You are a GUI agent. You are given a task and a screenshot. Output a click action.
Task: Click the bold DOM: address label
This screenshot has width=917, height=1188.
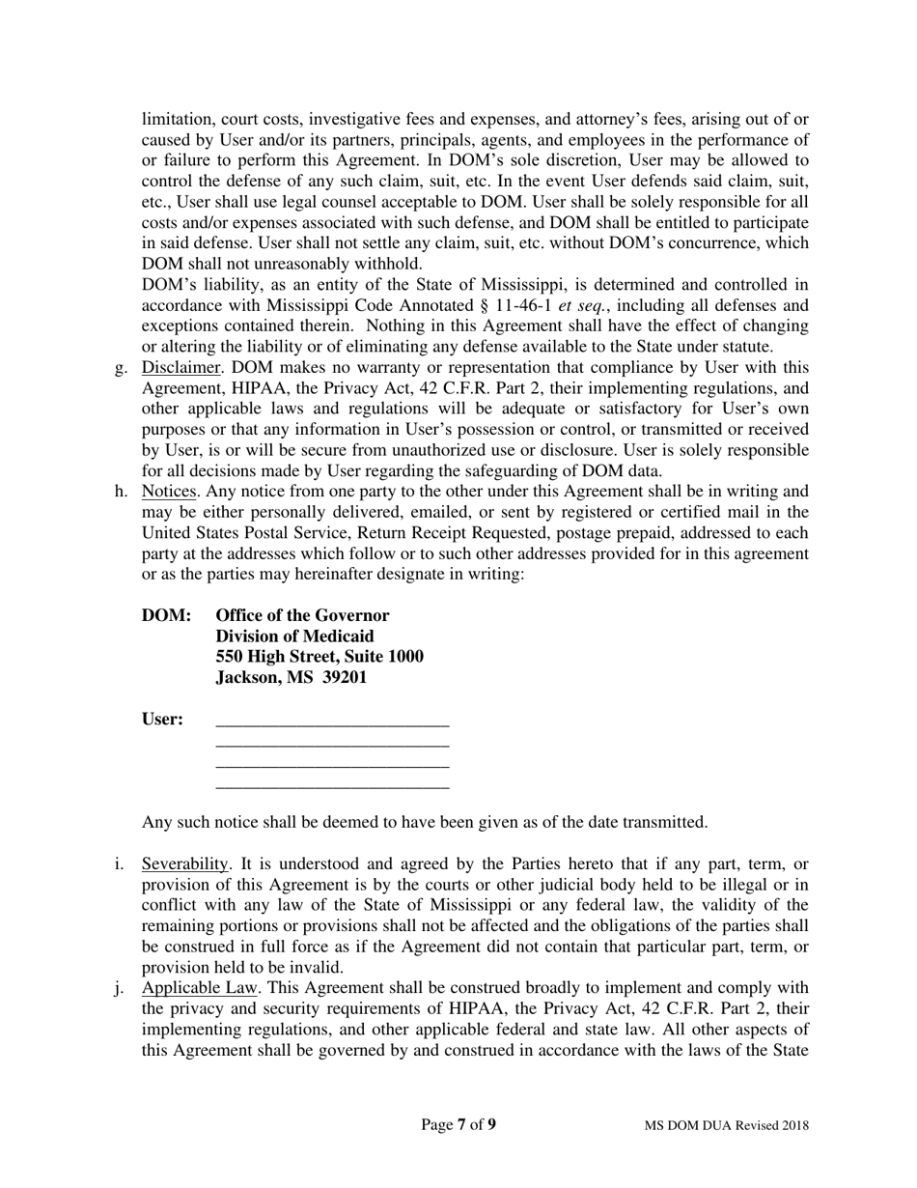(167, 616)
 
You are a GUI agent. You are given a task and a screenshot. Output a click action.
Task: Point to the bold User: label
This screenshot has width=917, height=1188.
(163, 720)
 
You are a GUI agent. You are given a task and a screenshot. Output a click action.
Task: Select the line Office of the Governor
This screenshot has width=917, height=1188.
(302, 616)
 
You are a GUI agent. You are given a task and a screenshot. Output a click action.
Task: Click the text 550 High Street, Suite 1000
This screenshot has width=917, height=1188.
(320, 657)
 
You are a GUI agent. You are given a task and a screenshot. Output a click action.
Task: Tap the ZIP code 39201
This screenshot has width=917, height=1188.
(345, 678)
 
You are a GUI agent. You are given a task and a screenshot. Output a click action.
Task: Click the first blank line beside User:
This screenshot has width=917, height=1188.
(332, 723)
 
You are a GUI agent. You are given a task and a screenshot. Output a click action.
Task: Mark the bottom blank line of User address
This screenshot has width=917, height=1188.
(332, 786)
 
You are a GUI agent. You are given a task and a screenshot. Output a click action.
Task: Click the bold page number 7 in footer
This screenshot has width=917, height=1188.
(462, 1124)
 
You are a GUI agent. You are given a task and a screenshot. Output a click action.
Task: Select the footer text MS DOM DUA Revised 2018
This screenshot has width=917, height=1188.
(727, 1125)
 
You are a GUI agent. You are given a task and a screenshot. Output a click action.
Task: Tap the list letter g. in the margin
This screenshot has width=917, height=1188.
(121, 367)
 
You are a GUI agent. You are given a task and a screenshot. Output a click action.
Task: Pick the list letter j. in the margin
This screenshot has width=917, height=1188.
(120, 988)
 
